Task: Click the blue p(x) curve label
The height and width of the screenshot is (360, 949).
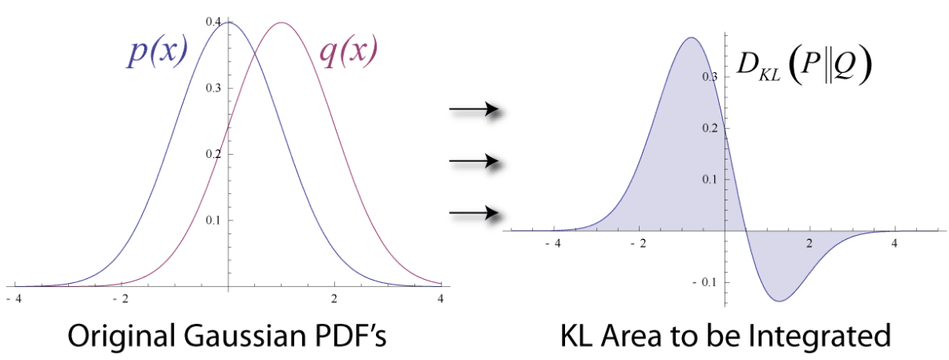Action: pos(158,54)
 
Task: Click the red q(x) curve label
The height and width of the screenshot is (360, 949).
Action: pos(348,54)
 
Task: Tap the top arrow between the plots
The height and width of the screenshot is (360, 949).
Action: pos(474,110)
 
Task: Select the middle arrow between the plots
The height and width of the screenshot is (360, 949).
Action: pos(474,162)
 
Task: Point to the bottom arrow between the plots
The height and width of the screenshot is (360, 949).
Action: pos(474,213)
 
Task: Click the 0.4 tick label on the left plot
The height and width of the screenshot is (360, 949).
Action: pos(213,22)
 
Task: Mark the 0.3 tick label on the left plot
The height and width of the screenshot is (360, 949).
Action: pos(213,87)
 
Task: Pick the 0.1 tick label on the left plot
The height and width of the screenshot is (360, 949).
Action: pos(213,220)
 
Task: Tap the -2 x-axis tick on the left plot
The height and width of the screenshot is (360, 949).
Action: pos(121,299)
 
